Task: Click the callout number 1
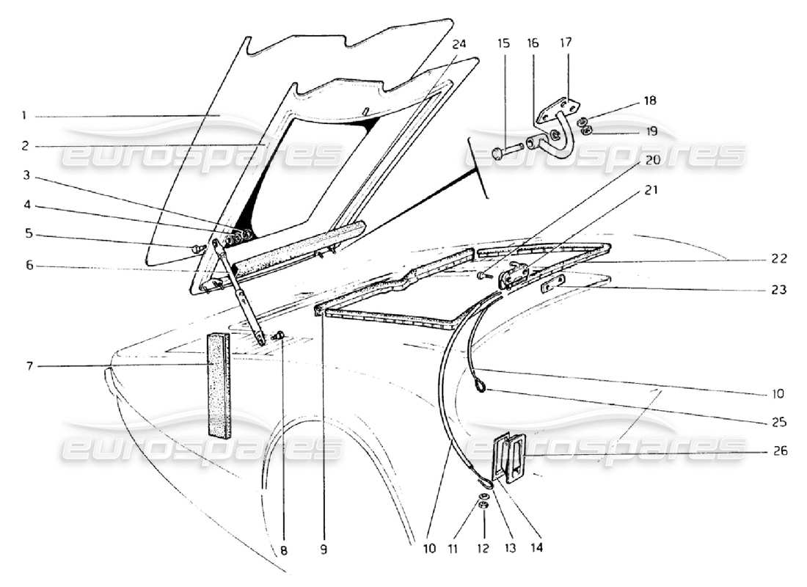pos(23,115)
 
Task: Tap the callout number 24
pos(459,43)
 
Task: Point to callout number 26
pos(781,451)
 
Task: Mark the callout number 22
pos(779,258)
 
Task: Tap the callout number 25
pos(781,422)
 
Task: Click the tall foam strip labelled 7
pos(218,384)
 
